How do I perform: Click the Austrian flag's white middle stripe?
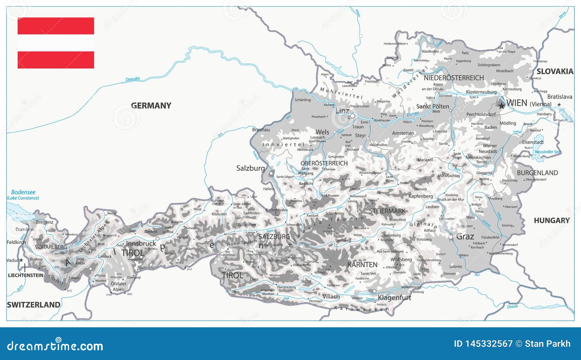click(56, 43)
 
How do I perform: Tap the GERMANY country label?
click(151, 106)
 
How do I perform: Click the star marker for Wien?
click(501, 106)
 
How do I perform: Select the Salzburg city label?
click(250, 168)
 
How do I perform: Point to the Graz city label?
click(465, 237)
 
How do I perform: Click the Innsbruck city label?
click(141, 244)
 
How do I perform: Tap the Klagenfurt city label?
click(394, 298)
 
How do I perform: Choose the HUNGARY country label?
click(551, 221)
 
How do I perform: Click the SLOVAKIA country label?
click(554, 72)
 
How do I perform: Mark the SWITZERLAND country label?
click(33, 305)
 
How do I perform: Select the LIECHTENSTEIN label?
click(25, 275)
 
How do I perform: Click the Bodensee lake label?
click(23, 192)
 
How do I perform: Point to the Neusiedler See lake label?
click(547, 152)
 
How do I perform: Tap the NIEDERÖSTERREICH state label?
click(454, 78)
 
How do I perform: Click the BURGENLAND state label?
click(537, 173)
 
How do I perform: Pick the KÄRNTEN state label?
click(362, 265)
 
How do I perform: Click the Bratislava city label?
click(559, 97)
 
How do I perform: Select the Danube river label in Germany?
click(133, 79)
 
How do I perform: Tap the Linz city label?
click(342, 111)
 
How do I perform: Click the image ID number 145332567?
click(489, 344)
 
